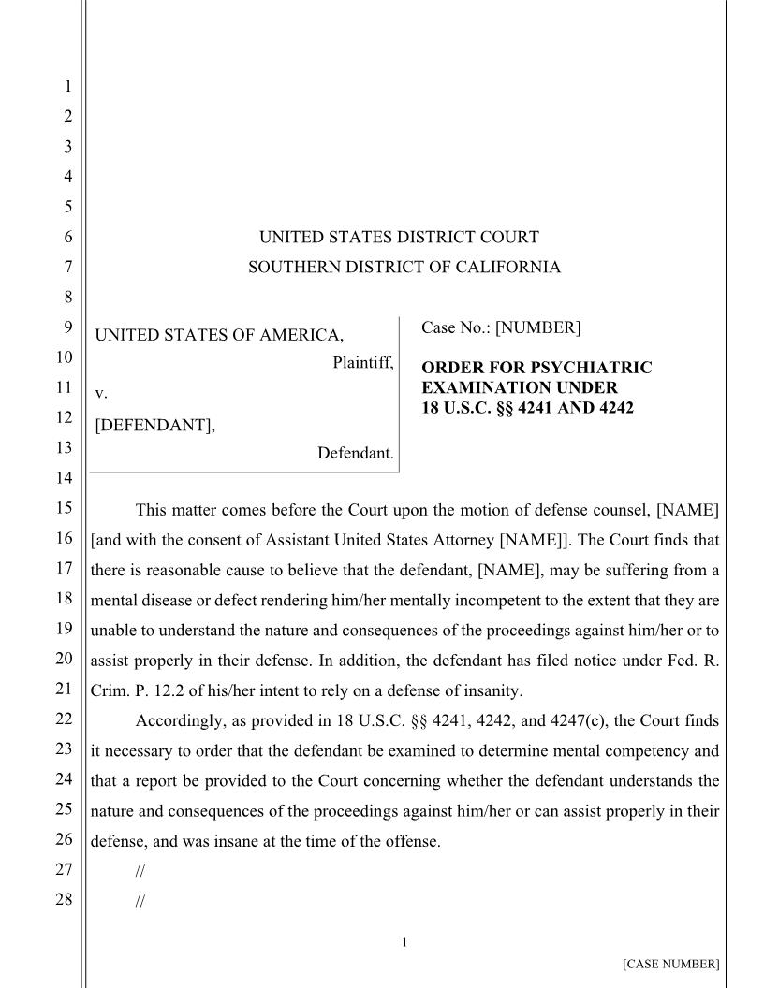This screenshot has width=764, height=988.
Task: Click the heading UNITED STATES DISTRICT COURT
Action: coord(399,238)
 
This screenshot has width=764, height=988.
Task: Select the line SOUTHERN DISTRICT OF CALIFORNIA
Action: coord(404,268)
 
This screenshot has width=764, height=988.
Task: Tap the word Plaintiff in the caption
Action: coord(362,362)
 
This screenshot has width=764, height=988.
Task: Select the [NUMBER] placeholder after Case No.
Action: coord(537,327)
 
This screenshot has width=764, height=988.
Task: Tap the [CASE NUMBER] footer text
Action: coord(670,964)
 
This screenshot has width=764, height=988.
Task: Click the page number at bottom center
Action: coord(404,942)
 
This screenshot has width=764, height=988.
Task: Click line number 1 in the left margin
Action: coord(66,87)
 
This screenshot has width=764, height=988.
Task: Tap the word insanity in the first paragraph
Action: coord(492,691)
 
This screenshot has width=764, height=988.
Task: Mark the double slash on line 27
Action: coord(140,871)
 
